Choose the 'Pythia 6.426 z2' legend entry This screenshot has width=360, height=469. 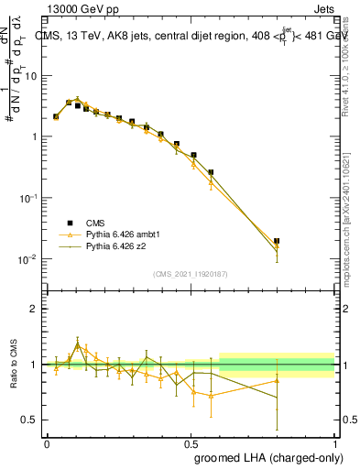pyautogui.click(x=117, y=246)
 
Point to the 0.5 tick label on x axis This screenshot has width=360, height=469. pyautogui.click(x=191, y=442)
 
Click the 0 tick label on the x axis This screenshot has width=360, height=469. pyautogui.click(x=47, y=442)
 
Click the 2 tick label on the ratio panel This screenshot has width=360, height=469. pyautogui.click(x=34, y=309)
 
